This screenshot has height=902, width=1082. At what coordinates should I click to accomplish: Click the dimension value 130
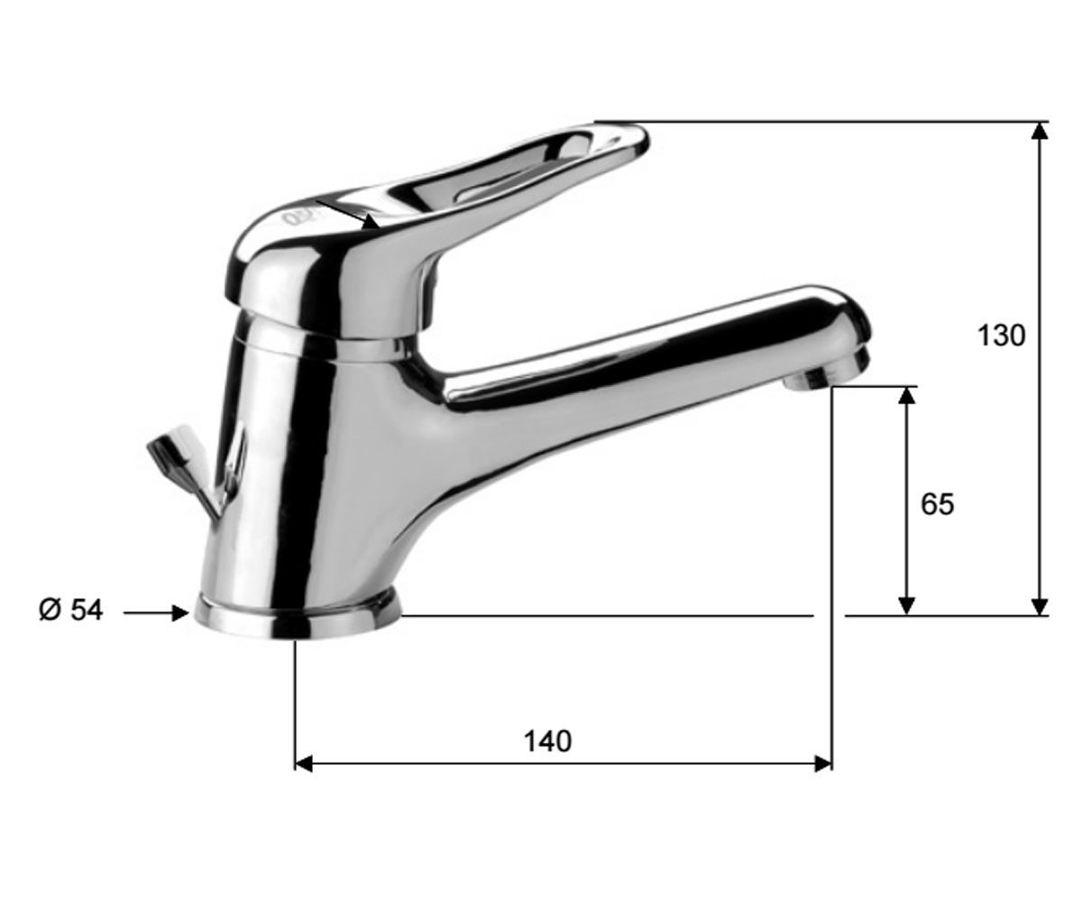tap(1001, 336)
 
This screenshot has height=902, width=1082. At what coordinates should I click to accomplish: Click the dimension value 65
tap(937, 504)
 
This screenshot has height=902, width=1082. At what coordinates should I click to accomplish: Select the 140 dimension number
tap(547, 741)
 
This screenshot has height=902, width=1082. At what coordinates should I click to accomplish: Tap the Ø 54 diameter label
tap(71, 610)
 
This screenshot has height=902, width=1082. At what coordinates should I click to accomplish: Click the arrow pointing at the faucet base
tap(156, 613)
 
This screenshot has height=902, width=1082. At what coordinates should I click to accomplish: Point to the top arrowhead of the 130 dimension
tap(1040, 131)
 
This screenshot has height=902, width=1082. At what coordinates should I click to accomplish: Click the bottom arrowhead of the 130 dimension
tap(1040, 607)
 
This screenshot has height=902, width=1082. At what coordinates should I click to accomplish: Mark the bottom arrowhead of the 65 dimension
tap(906, 606)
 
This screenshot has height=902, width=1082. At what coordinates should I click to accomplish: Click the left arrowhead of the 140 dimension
tap(304, 764)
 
